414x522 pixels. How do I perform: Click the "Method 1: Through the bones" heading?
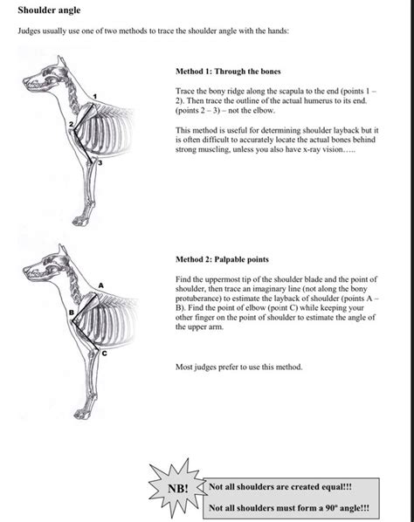[228, 71]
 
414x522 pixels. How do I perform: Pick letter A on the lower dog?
[101, 285]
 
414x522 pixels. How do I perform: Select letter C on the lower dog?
[103, 354]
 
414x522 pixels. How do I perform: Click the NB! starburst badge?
[177, 489]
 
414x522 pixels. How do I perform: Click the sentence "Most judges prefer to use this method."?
[238, 367]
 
